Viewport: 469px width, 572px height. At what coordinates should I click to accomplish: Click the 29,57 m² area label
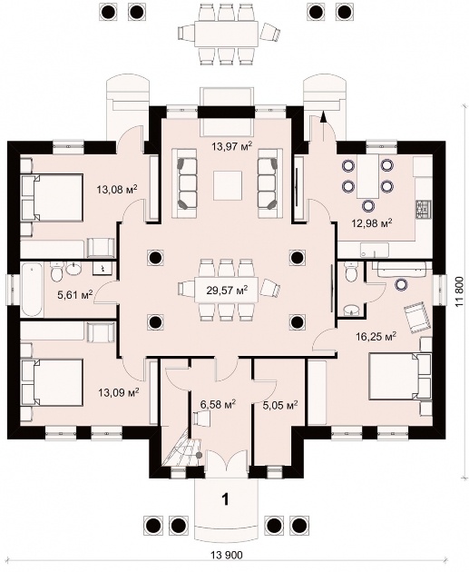227,291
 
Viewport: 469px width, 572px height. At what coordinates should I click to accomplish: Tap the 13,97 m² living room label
232,147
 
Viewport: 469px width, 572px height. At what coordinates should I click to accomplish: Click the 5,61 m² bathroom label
75,294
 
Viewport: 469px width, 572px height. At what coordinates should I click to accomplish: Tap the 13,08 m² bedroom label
117,190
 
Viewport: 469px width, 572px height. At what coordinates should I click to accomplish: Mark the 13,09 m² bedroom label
119,392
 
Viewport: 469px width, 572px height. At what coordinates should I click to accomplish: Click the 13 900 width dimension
226,566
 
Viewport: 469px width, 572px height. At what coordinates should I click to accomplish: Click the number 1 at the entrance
226,499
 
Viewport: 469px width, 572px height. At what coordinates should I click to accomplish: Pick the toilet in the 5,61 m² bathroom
57,271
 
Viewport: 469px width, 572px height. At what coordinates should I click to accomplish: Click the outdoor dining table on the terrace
227,34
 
